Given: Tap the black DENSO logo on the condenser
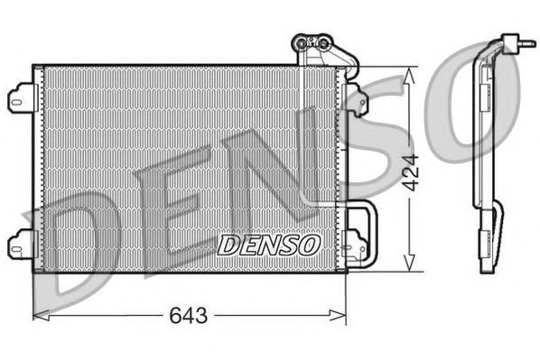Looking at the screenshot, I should (269, 244).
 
